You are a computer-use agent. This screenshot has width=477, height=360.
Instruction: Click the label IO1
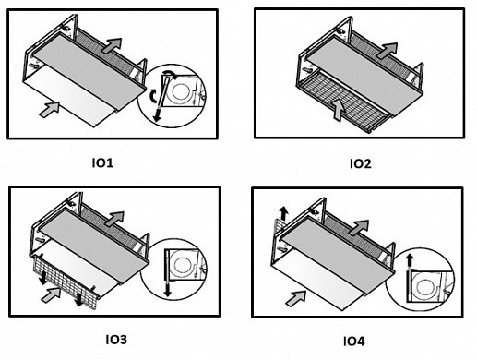pyautogui.click(x=102, y=162)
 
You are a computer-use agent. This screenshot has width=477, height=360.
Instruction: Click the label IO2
pyautogui.click(x=361, y=163)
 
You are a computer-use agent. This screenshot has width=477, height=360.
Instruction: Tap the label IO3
pyautogui.click(x=116, y=340)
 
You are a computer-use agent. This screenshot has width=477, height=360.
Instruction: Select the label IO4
pyautogui.click(x=353, y=342)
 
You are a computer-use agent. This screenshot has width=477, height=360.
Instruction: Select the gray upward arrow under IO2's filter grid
pyautogui.click(x=338, y=110)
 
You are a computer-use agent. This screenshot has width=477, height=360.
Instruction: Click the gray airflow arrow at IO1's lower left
pyautogui.click(x=50, y=109)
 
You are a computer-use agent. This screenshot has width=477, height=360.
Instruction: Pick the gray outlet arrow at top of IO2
pyautogui.click(x=387, y=50)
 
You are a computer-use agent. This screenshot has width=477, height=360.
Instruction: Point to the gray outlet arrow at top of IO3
pyautogui.click(x=114, y=219)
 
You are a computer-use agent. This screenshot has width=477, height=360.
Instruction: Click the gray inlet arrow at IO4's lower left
pyautogui.click(x=295, y=298)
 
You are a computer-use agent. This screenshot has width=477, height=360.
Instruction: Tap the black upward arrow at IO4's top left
pyautogui.click(x=283, y=213)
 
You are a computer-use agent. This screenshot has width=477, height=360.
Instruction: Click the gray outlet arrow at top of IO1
pyautogui.click(x=112, y=46)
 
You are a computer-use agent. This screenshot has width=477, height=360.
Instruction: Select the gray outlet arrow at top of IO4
pyautogui.click(x=358, y=228)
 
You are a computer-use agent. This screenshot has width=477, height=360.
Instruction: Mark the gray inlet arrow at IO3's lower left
pyautogui.click(x=51, y=294)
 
